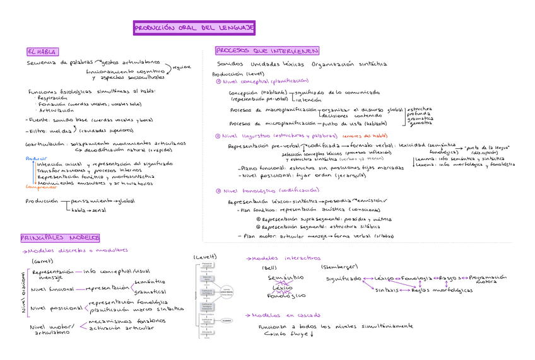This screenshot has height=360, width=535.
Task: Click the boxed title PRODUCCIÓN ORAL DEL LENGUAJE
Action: (x=194, y=28)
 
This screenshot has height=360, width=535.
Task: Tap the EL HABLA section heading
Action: (x=42, y=51)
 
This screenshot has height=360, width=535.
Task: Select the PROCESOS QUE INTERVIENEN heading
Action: (x=267, y=50)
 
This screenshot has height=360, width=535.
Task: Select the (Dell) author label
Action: (x=269, y=267)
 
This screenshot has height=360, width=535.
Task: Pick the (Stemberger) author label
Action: (x=339, y=267)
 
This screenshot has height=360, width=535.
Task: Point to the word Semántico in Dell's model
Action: (x=285, y=277)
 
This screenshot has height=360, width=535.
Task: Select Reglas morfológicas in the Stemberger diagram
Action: (x=442, y=290)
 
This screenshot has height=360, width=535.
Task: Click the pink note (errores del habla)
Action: (x=365, y=136)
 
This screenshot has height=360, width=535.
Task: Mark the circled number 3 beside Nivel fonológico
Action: (x=218, y=190)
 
